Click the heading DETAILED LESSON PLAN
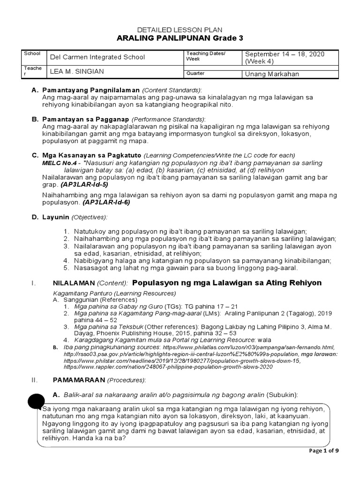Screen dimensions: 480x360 (180, 29)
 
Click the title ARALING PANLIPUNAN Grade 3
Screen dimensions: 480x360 (180, 38)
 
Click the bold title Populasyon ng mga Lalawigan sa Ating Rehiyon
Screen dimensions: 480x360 (227, 283)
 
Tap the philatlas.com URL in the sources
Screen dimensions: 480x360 (248, 347)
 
